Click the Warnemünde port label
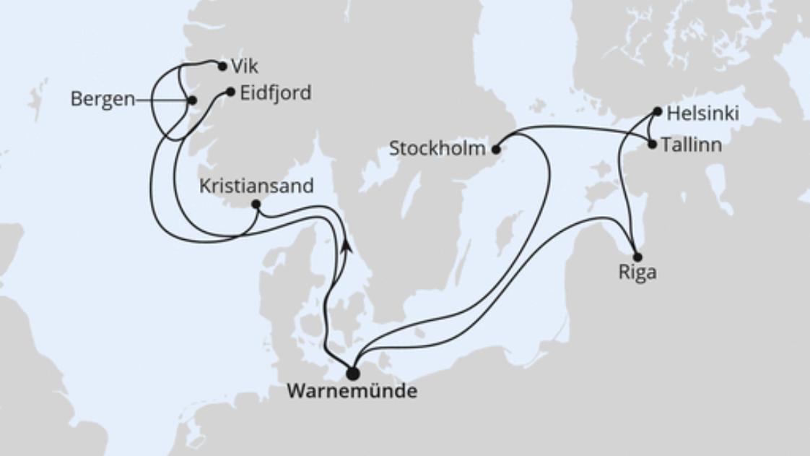pyautogui.click(x=352, y=392)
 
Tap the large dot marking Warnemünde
pyautogui.click(x=352, y=374)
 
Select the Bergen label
pyautogui.click(x=103, y=100)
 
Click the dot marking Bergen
pyautogui.click(x=192, y=100)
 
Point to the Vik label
pyautogui.click(x=245, y=66)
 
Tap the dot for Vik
pyautogui.click(x=222, y=66)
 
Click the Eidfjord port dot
pyautogui.click(x=230, y=92)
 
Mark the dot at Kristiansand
pyautogui.click(x=256, y=205)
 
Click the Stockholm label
pyautogui.click(x=436, y=150)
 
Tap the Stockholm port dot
pyautogui.click(x=496, y=150)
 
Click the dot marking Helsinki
pyautogui.click(x=657, y=111)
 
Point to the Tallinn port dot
pyautogui.click(x=653, y=145)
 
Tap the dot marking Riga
pyautogui.click(x=637, y=257)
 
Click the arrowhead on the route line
pyautogui.click(x=347, y=245)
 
